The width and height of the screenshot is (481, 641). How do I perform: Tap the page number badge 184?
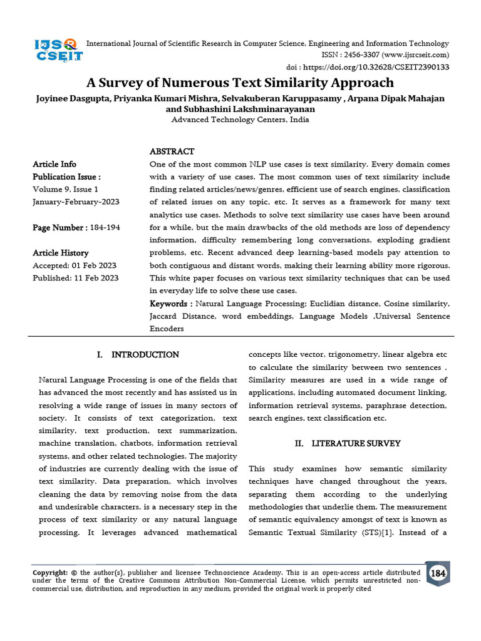[438, 573]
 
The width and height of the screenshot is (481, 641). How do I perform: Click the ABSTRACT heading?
[172, 151]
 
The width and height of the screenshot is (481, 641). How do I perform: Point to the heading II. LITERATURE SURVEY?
[348, 444]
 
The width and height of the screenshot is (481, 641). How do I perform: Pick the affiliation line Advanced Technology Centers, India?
[240, 120]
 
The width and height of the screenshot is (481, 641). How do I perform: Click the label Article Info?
[54, 165]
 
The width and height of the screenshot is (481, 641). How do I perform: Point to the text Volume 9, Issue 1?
[65, 189]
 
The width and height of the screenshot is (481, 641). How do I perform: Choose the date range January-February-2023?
[76, 202]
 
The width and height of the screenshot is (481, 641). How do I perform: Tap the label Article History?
[60, 253]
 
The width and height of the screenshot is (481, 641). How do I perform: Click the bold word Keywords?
[167, 304]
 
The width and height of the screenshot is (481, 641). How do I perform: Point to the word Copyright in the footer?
[49, 572]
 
